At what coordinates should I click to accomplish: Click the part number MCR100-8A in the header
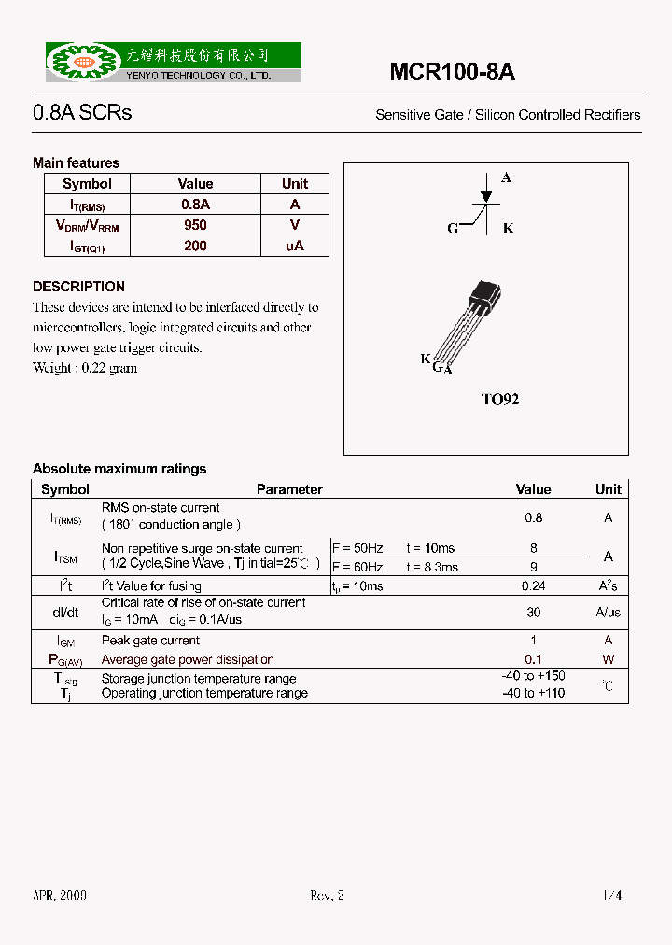452,73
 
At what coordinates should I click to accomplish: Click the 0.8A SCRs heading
82,113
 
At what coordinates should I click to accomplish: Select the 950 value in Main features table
195,225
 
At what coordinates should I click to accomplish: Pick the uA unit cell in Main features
295,247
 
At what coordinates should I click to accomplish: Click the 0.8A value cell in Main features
195,205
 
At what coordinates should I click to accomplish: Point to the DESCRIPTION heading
78,287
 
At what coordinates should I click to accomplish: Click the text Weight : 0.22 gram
85,368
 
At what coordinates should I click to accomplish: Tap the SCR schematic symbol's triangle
485,197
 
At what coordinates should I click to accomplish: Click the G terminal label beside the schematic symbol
453,229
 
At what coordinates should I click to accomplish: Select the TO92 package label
499,399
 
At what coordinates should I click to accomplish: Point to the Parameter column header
289,489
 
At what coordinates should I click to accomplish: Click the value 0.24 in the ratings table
533,586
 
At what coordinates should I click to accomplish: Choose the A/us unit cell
608,613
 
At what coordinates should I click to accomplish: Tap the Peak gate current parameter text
150,641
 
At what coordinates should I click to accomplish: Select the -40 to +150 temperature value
533,676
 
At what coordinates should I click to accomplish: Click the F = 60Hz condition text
357,567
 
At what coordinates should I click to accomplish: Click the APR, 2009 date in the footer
60,896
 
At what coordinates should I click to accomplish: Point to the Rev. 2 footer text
327,896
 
